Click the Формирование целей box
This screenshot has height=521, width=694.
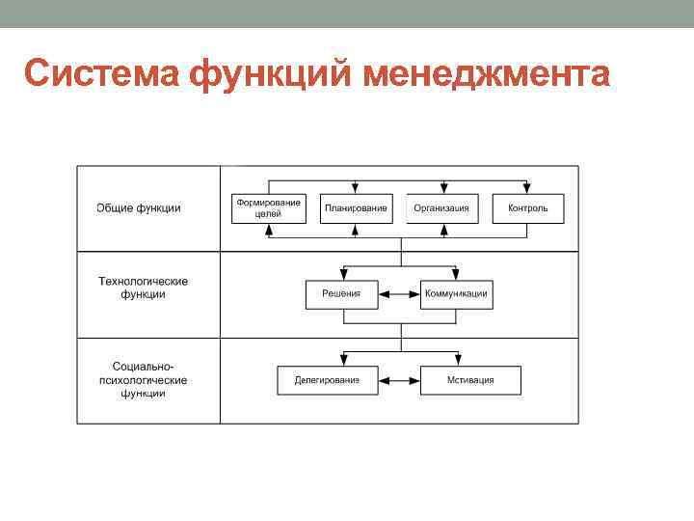click(269, 208)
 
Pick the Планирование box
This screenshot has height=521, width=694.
click(356, 208)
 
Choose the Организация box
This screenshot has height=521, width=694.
click(442, 208)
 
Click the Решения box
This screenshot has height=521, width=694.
click(341, 294)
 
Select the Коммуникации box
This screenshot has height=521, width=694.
click(456, 294)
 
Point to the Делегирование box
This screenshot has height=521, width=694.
click(327, 380)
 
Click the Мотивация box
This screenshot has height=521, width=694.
click(470, 380)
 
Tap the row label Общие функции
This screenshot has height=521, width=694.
click(139, 208)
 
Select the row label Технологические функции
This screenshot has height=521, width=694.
click(144, 288)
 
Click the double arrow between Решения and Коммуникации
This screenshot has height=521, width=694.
click(398, 294)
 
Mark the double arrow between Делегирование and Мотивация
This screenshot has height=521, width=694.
click(398, 380)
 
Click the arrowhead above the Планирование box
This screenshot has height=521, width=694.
click(356, 189)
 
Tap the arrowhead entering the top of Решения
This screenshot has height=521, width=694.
click(341, 275)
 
